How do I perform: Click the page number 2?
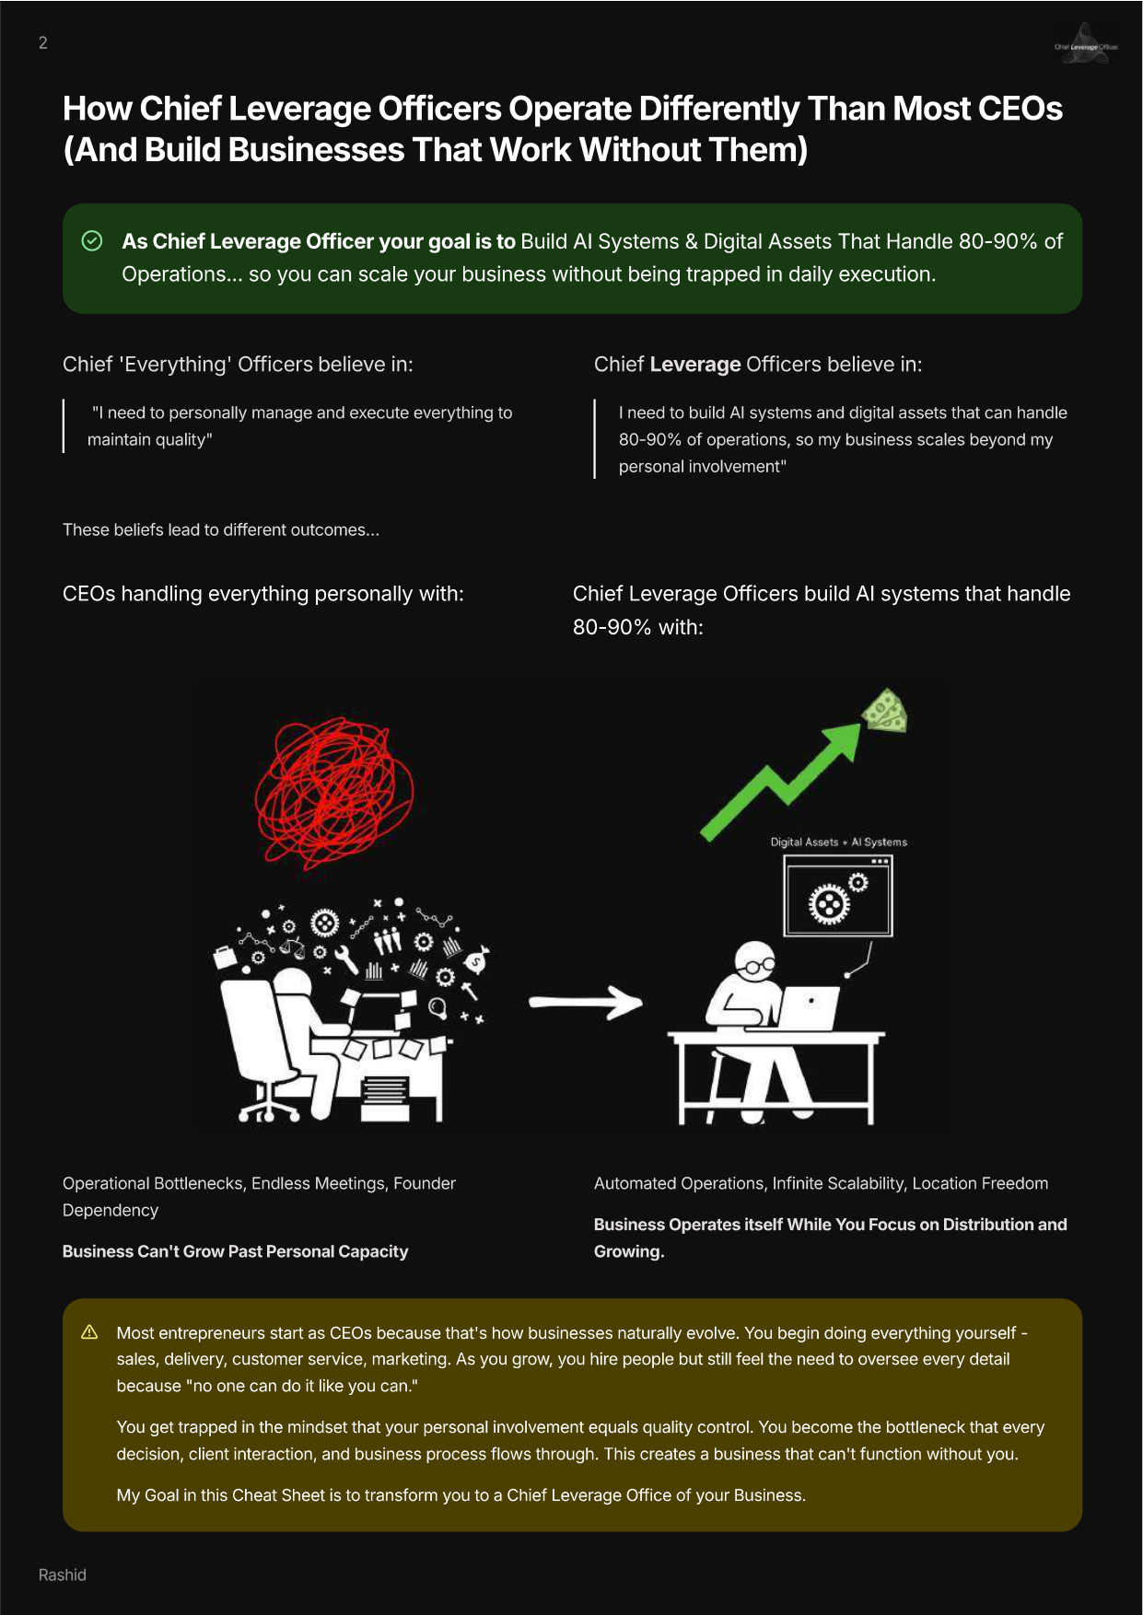(43, 42)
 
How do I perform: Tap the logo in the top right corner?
(1086, 44)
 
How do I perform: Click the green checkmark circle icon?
(92, 241)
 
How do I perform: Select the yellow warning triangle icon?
(89, 1332)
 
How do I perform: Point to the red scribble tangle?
(333, 793)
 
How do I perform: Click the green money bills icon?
(884, 711)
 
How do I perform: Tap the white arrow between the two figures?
(586, 1002)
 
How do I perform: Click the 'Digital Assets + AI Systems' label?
(839, 842)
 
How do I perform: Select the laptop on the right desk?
(808, 1009)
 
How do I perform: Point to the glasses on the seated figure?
(761, 965)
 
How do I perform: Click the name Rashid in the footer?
(63, 1574)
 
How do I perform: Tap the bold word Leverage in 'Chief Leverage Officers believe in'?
(695, 365)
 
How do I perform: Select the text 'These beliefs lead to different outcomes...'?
(221, 529)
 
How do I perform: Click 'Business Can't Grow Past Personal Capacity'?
(235, 1251)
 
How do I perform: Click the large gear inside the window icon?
(829, 904)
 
